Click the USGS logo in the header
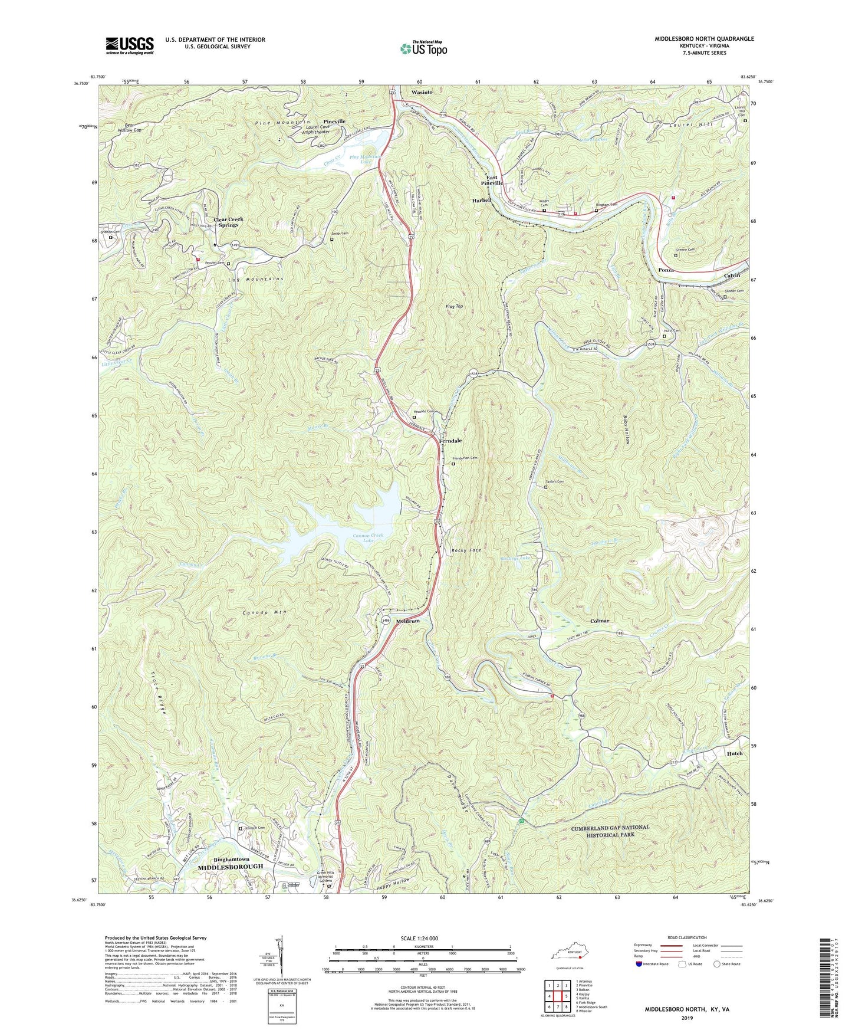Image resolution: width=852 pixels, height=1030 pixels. click(129, 45)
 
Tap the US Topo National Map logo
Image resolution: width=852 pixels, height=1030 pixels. click(424, 48)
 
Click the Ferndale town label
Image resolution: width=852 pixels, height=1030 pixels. click(451, 441)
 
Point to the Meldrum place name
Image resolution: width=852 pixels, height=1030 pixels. click(407, 621)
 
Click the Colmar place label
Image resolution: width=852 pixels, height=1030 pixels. click(600, 621)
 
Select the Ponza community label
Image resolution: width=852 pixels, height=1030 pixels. click(666, 270)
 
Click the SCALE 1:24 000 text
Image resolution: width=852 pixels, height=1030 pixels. click(423, 939)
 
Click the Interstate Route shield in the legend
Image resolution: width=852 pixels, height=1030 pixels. click(640, 964)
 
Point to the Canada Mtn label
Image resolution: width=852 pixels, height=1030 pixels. click(264, 612)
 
